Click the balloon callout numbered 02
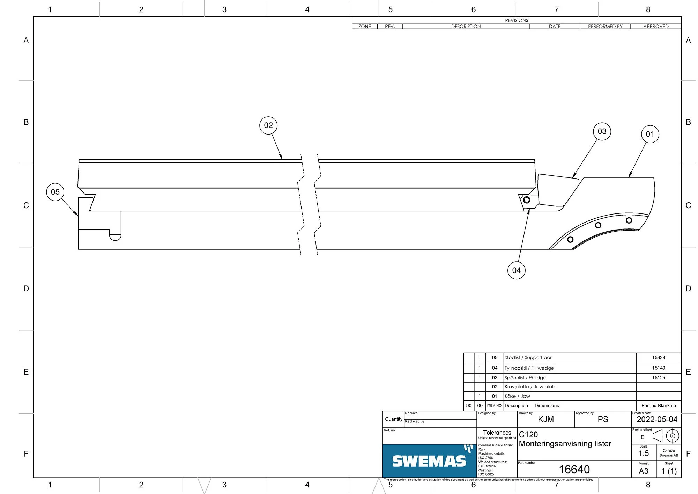[x=268, y=125]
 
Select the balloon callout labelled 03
[x=602, y=131]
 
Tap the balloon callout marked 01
[x=650, y=134]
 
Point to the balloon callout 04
[x=517, y=270]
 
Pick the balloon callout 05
[x=55, y=192]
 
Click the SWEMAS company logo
[x=430, y=461]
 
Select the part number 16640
[x=574, y=470]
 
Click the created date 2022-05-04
[x=657, y=420]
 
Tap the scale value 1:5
[x=644, y=453]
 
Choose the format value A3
[x=644, y=471]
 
